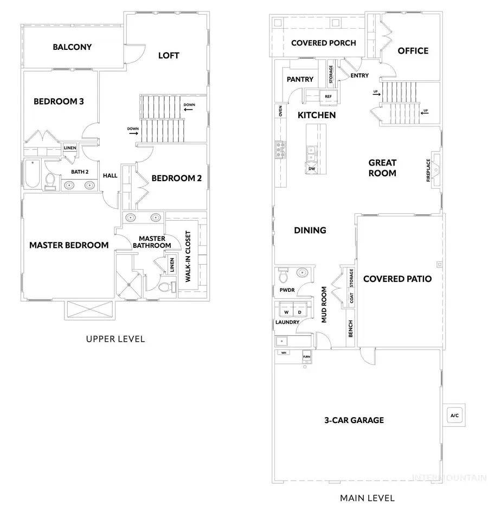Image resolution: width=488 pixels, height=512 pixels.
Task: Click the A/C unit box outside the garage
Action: point(454,415)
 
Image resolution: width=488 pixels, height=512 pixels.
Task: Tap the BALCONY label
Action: point(72,47)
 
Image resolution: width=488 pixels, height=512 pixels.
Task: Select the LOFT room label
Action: point(169,55)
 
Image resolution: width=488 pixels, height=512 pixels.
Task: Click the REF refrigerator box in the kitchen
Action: point(328,97)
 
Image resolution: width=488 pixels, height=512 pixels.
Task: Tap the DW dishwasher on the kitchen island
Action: point(312,169)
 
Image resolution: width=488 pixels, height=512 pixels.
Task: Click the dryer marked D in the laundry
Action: point(299,312)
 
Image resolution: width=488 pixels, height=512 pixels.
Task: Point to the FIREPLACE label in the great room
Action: point(428,170)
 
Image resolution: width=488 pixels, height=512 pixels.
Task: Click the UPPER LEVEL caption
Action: point(115,339)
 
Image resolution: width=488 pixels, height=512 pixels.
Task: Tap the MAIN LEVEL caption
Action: point(367,497)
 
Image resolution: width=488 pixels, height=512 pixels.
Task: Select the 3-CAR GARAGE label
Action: point(354,420)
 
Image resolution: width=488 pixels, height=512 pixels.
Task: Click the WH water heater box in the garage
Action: point(282,353)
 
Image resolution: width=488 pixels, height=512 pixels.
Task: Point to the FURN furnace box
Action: point(307,356)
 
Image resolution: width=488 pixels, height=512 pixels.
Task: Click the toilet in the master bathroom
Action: point(169,285)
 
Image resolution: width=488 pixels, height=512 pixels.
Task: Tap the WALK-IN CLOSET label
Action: point(188,257)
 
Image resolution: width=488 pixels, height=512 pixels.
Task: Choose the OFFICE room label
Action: point(413,51)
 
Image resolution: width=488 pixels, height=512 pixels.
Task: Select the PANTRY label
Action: point(300,79)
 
